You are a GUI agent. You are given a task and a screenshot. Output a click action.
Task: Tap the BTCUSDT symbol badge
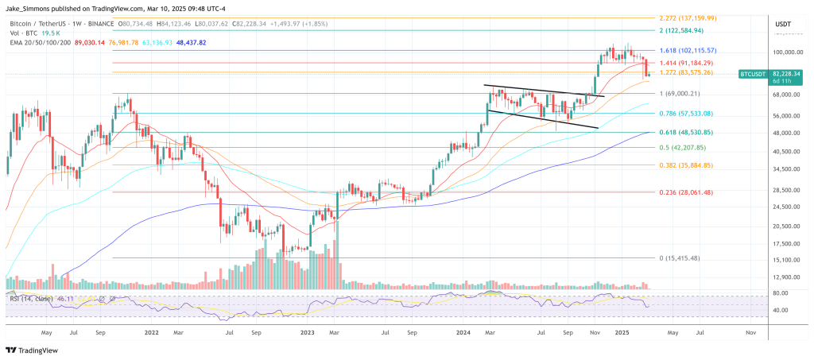(752, 73)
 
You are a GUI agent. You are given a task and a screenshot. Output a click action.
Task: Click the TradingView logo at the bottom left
(29, 350)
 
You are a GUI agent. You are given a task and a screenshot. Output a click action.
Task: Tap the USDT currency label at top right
(784, 25)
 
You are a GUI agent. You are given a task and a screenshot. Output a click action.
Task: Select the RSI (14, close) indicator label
(31, 298)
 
